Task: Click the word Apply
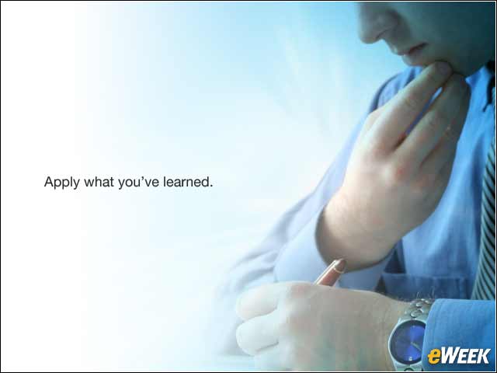(x=62, y=183)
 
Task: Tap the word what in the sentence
(x=99, y=182)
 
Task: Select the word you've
(x=138, y=183)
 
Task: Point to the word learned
(x=188, y=182)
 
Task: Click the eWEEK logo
(x=459, y=356)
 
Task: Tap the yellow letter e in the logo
(x=433, y=357)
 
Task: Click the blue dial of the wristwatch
(x=408, y=342)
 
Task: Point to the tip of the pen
(x=342, y=263)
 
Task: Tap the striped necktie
(x=485, y=222)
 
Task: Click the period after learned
(x=211, y=186)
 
